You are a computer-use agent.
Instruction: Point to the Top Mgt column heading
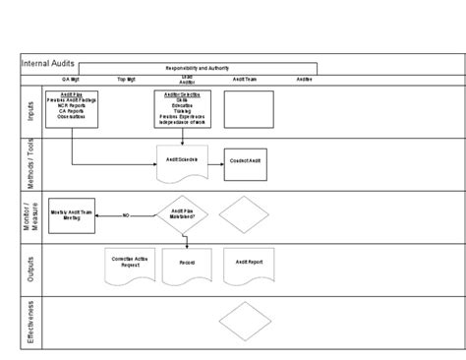[127, 79]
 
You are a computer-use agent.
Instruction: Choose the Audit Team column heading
[246, 79]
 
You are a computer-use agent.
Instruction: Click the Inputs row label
[29, 110]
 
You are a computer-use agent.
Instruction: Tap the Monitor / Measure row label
[29, 214]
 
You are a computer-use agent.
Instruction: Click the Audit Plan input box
[72, 109]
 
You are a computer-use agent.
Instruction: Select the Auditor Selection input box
[182, 109]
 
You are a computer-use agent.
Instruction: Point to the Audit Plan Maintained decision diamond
[182, 213]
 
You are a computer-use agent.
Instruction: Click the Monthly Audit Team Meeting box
[72, 214]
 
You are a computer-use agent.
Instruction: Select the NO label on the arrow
[126, 214]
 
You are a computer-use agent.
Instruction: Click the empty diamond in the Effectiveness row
[244, 320]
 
